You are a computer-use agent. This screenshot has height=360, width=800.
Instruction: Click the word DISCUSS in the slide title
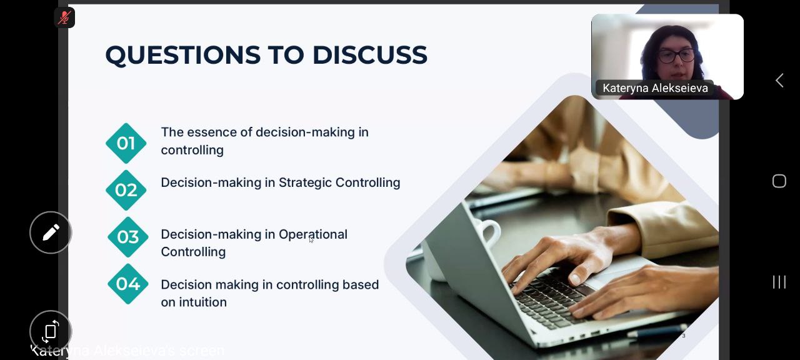click(369, 55)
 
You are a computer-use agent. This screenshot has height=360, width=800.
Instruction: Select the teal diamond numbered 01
click(126, 143)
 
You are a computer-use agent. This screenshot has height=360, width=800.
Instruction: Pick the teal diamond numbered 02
click(126, 190)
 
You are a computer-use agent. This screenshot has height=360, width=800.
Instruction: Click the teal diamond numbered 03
click(128, 237)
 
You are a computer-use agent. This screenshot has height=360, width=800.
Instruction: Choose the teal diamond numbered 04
click(128, 284)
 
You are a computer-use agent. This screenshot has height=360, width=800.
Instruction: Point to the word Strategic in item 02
click(305, 183)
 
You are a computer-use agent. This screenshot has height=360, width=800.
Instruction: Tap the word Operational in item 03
click(313, 235)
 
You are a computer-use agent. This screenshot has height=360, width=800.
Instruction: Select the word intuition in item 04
click(203, 302)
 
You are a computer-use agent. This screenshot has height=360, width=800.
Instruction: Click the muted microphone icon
click(64, 17)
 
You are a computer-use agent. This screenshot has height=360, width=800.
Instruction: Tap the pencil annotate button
click(51, 232)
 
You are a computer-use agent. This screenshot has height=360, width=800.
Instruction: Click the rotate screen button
click(51, 331)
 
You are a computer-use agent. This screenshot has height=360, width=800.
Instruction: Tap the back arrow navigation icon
click(779, 81)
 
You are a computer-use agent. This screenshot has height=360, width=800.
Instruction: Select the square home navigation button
click(779, 181)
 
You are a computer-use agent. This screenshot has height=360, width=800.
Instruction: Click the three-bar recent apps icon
click(779, 282)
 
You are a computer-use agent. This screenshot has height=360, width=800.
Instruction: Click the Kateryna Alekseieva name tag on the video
click(655, 88)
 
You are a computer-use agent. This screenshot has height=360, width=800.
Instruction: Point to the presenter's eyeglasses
click(676, 56)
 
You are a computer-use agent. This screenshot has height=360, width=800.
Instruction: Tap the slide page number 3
click(684, 336)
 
